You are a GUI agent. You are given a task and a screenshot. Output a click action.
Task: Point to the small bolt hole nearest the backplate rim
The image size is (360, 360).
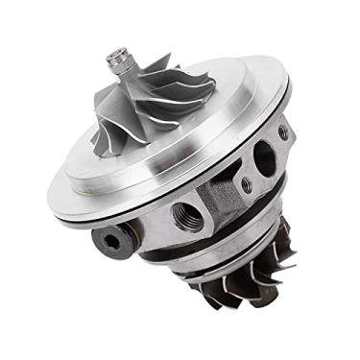(x=282, y=132)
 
